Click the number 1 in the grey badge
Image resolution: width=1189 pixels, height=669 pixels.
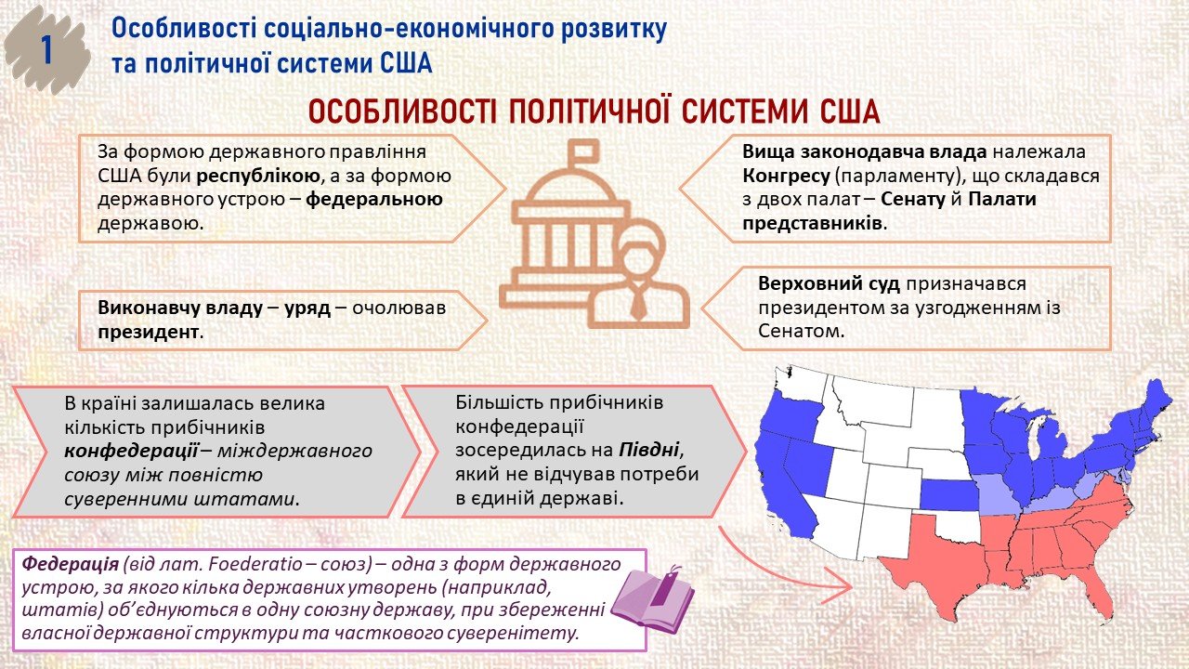[x=46, y=51]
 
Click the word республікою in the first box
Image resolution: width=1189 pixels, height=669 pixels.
[x=257, y=176]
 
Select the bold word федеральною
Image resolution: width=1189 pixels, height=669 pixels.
[x=374, y=200]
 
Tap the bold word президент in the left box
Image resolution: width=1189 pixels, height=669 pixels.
[x=148, y=333]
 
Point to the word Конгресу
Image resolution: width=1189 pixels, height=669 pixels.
[x=786, y=176]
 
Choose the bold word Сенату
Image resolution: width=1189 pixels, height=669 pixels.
[x=913, y=200]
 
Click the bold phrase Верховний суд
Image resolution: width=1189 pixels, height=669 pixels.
[x=830, y=283]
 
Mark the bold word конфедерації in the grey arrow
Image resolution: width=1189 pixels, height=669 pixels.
[x=131, y=451]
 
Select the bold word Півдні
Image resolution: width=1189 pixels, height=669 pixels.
[x=648, y=451]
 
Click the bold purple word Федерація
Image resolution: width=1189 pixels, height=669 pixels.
[x=70, y=564]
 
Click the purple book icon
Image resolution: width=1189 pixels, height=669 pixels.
[x=653, y=600]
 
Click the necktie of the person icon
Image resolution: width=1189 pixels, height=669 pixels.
[x=638, y=303]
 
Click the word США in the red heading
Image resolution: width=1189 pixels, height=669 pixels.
[x=850, y=112]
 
